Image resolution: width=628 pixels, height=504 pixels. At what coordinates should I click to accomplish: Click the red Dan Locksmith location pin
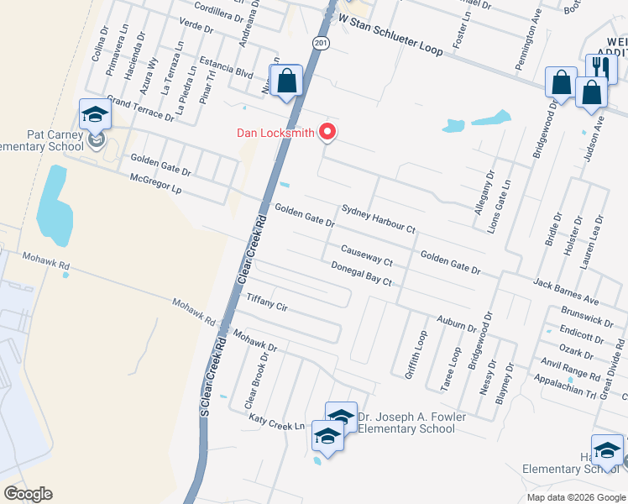[x=328, y=133]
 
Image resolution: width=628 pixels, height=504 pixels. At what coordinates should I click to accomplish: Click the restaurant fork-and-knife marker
[x=599, y=67]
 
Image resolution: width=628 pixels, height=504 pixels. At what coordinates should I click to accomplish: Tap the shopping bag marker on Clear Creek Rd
[x=286, y=81]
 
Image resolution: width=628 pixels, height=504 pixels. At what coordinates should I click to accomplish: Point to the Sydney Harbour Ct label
[x=378, y=218]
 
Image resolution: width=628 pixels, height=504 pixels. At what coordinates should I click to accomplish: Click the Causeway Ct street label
[x=366, y=255]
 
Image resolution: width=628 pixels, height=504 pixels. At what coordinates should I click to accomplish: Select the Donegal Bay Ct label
[x=361, y=272]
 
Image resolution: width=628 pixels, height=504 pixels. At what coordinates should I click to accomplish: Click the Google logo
[x=28, y=494]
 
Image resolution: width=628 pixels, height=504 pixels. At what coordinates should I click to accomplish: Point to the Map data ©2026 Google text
[x=575, y=496]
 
